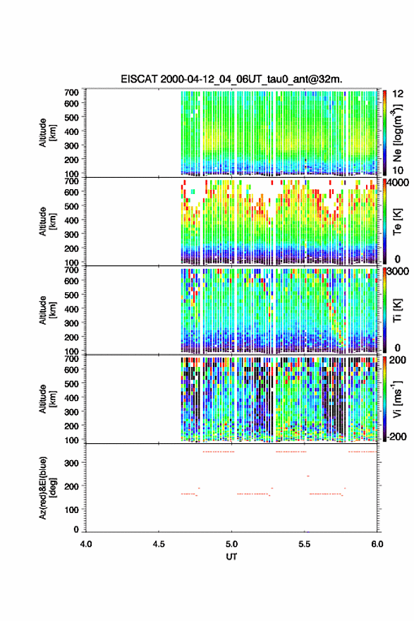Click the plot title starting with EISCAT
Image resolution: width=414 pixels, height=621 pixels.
231,79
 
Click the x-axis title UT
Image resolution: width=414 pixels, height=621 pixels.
231,557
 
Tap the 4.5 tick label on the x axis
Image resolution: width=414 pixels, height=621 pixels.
159,544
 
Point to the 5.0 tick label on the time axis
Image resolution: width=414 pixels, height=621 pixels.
231,544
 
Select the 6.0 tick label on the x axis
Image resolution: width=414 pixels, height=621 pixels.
377,544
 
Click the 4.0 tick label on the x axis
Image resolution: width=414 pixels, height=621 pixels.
86,544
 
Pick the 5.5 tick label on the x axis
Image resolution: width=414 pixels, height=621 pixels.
305,544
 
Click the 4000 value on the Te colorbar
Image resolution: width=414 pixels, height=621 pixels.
397,183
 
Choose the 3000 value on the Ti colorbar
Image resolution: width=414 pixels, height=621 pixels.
397,271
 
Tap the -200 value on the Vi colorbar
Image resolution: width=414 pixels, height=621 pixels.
396,436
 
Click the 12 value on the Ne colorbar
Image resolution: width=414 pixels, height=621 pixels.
398,94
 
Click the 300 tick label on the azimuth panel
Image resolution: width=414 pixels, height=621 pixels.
72,463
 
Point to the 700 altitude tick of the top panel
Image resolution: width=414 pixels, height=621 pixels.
72,92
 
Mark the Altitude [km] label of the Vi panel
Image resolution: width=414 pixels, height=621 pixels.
48,399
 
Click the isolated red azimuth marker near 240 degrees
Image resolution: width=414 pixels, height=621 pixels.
308,476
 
